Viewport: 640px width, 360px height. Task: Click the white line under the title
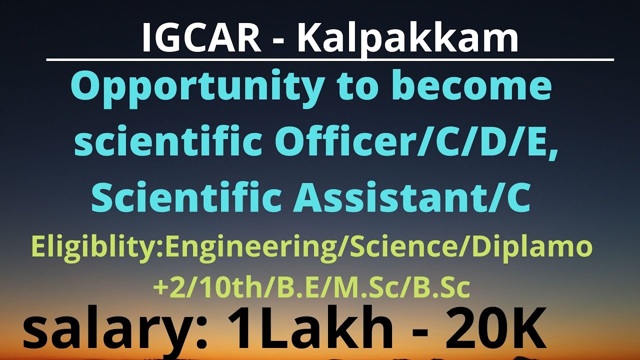[x=330, y=60]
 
